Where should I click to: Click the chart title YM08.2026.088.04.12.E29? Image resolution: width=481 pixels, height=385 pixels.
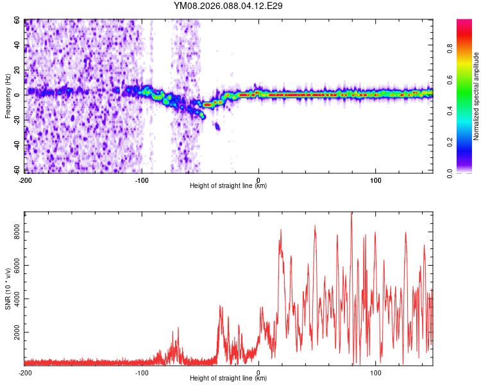[228, 6]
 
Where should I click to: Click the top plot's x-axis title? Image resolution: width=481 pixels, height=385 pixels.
[228, 185]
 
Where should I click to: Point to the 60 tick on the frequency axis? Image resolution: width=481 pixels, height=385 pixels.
[18, 21]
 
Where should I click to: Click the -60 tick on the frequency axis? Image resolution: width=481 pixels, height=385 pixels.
[17, 169]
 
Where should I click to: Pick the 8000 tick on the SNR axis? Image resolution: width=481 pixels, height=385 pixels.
[14, 235]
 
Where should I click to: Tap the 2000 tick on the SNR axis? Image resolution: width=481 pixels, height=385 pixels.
[14, 332]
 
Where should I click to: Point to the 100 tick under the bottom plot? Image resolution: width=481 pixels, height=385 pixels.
[375, 372]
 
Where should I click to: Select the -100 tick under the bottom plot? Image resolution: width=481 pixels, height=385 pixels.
[142, 372]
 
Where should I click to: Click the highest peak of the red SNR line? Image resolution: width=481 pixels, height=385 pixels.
[351, 213]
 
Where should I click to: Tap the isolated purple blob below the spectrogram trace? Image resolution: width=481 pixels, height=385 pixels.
[217, 126]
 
